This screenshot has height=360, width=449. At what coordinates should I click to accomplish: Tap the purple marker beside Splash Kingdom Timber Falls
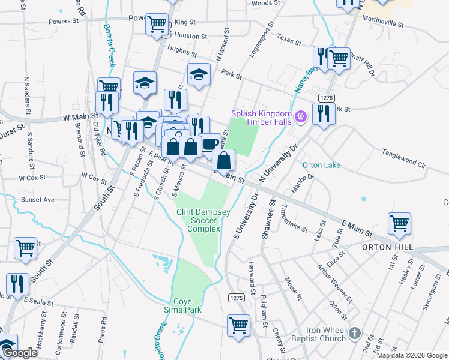click(301, 115)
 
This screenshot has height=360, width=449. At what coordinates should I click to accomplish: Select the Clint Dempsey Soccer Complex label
click(199, 220)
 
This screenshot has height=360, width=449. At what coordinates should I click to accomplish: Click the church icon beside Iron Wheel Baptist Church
click(355, 333)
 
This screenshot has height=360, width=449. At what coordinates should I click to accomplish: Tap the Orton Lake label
click(321, 165)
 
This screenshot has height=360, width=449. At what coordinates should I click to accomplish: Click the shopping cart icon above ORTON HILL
click(399, 223)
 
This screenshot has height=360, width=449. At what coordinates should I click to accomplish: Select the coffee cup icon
click(210, 144)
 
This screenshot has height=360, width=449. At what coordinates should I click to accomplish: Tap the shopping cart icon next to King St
click(157, 25)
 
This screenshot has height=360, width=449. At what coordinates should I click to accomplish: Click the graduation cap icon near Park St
click(199, 74)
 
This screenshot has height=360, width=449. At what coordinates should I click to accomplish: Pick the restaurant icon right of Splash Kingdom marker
click(324, 113)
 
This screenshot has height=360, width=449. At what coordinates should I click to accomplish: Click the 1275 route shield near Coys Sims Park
click(235, 298)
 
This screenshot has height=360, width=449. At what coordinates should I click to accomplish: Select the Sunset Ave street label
click(37, 199)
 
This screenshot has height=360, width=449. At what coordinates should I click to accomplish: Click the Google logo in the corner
click(20, 353)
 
